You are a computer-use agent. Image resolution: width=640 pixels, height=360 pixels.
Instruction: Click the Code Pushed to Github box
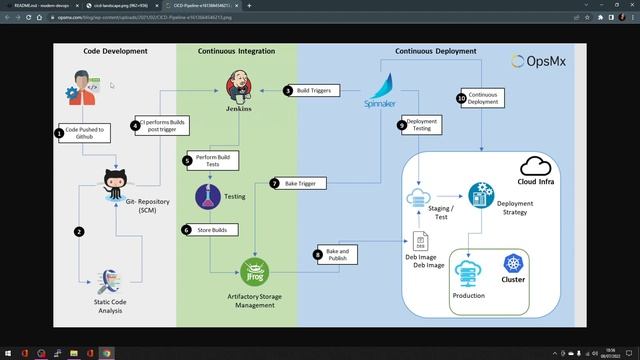pyautogui.click(x=84, y=132)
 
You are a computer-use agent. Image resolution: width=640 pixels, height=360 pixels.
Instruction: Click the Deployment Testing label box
pyautogui.click(x=421, y=125)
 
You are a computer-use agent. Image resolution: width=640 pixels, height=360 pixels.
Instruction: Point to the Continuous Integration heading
pyautogui.click(x=236, y=50)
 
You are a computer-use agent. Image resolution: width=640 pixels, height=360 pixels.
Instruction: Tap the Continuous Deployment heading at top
pyautogui.click(x=436, y=50)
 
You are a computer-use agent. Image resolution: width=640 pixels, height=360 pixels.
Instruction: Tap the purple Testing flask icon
pyautogui.click(x=207, y=197)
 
